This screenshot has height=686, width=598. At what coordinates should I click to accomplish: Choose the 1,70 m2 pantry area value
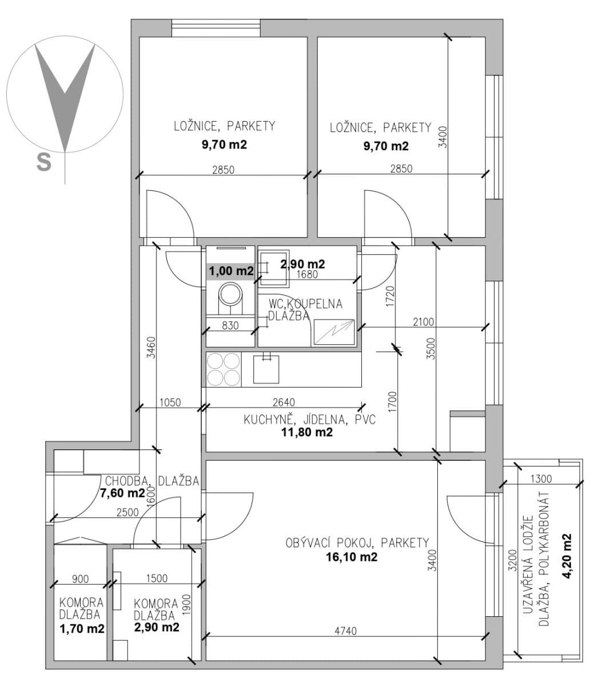coord(82,629)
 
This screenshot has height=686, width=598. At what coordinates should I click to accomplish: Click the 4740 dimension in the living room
coord(345,631)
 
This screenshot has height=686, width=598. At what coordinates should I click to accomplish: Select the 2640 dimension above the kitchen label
coord(284,403)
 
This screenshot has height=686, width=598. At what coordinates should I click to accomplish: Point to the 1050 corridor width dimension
coord(169,403)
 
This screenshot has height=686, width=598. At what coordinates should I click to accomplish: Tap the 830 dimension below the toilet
coord(230,325)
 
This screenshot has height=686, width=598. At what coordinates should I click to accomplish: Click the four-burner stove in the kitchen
coord(223,369)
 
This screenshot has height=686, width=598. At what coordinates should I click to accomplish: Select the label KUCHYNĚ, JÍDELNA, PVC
coord(309,420)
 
